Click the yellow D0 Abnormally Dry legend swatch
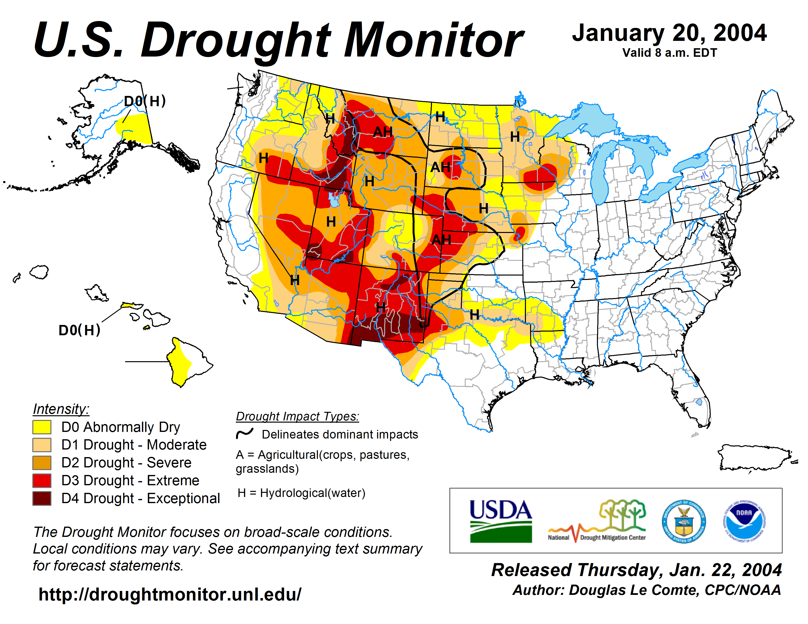point(42,427)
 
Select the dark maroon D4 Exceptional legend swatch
point(42,498)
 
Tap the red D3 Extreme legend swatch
point(42,481)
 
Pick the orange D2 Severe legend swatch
point(42,463)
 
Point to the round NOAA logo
point(744,521)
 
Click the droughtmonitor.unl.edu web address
point(170,594)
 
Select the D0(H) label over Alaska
point(145,101)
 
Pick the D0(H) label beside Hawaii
point(80,330)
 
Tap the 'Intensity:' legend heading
point(61,409)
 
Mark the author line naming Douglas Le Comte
point(646,590)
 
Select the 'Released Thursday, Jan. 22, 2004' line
point(636,570)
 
